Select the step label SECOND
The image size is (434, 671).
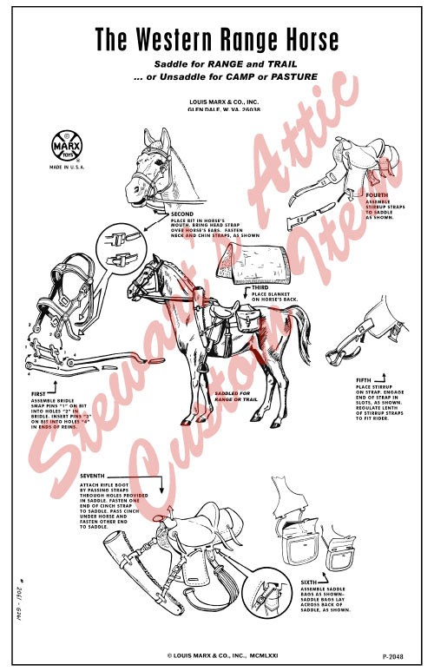point(182,214)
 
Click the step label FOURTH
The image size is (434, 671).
point(378,195)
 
